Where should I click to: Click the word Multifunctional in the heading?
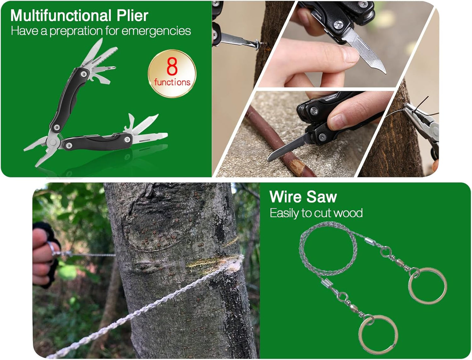[x=61, y=15]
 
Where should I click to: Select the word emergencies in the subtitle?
[x=156, y=31]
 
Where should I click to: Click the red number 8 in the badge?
[x=172, y=67]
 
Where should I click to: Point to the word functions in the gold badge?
[x=172, y=82]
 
